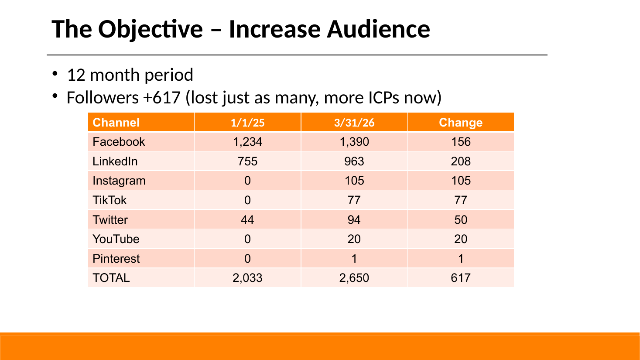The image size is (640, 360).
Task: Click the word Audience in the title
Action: pyautogui.click(x=378, y=29)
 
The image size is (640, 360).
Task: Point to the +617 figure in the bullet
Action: pyautogui.click(x=162, y=98)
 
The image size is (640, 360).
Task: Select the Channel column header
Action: pyautogui.click(x=116, y=123)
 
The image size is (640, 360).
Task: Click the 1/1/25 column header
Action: pyautogui.click(x=247, y=123)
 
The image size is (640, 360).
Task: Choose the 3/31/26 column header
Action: pyautogui.click(x=354, y=123)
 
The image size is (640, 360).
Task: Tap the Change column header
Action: pyautogui.click(x=461, y=123)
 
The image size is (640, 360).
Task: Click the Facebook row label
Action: pyautogui.click(x=119, y=142)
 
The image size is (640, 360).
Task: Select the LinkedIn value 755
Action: pyautogui.click(x=247, y=161)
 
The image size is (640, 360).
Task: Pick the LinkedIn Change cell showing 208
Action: pyautogui.click(x=461, y=161)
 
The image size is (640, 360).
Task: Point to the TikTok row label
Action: pyautogui.click(x=110, y=200)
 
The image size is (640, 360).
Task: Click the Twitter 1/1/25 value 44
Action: pyautogui.click(x=247, y=220)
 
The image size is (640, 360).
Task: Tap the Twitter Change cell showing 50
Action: pyautogui.click(x=461, y=220)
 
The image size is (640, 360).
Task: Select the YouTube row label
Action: pyautogui.click(x=116, y=239)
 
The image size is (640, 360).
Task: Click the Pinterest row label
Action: pyautogui.click(x=116, y=259)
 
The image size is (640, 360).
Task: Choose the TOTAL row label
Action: pyautogui.click(x=111, y=278)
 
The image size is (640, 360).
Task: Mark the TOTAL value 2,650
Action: pyautogui.click(x=354, y=278)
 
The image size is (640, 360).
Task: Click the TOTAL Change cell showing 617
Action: pyautogui.click(x=461, y=278)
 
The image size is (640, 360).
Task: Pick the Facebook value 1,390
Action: pyautogui.click(x=354, y=142)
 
